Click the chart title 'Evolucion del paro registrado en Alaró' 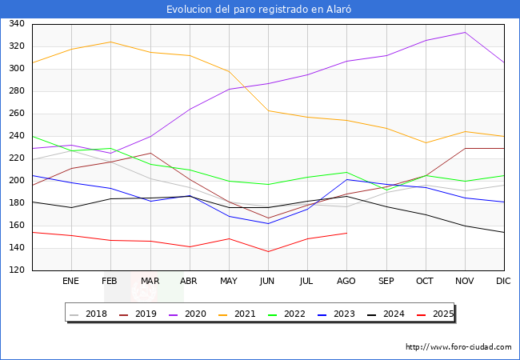pos(259,10)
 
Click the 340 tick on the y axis pos(15,24)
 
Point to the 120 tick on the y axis pos(15,270)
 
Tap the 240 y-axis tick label pos(15,136)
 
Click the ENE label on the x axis pos(71,282)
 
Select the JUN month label pos(268,282)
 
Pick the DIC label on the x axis pos(503,282)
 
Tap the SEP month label pos(386,282)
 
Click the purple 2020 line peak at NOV pos(464,33)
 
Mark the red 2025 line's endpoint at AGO pos(346,233)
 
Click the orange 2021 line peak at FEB pos(110,42)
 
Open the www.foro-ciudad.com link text pos(458,347)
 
